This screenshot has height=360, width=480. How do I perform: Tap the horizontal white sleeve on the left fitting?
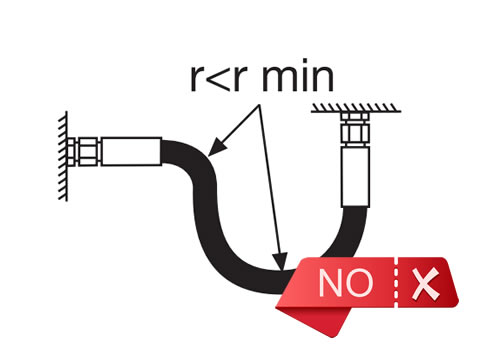pos(130,151)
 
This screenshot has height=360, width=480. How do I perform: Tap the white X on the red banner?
pos(427,284)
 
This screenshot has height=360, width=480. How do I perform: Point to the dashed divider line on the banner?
pos(397,283)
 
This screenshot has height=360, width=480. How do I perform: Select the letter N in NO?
pos(332,283)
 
